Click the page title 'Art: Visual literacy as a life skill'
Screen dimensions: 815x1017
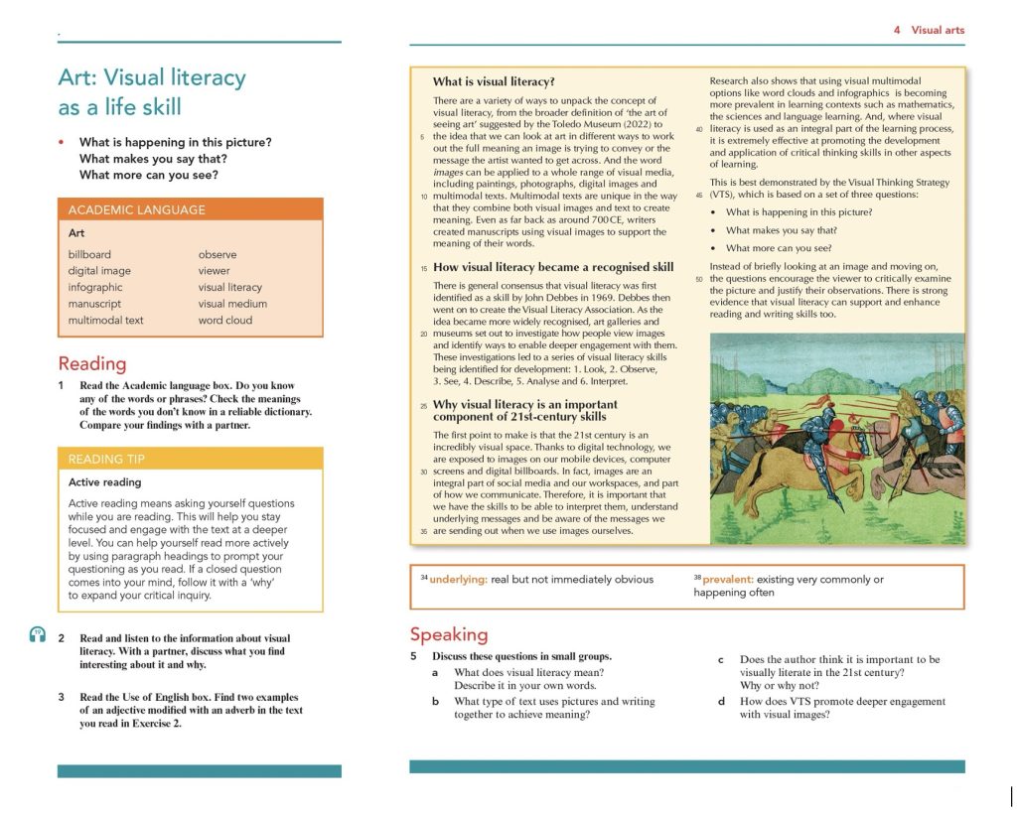(x=152, y=91)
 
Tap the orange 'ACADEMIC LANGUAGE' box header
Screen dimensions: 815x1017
(x=137, y=209)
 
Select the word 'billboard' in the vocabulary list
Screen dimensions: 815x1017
(x=89, y=254)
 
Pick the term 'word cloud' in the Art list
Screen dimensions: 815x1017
(x=224, y=321)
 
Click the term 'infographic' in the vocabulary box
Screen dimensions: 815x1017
(x=95, y=287)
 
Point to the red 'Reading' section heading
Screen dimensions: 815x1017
(x=92, y=363)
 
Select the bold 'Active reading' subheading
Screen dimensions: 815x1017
(x=104, y=482)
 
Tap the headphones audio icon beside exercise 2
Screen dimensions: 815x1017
(x=38, y=635)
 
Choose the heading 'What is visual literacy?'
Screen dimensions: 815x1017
(x=494, y=81)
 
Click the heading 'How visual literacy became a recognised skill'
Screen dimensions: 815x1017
(x=553, y=267)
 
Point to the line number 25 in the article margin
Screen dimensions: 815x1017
(x=423, y=405)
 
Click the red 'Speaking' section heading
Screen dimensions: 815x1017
(x=449, y=634)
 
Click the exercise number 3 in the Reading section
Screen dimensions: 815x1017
(x=61, y=697)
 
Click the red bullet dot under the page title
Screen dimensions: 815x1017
(x=63, y=142)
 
